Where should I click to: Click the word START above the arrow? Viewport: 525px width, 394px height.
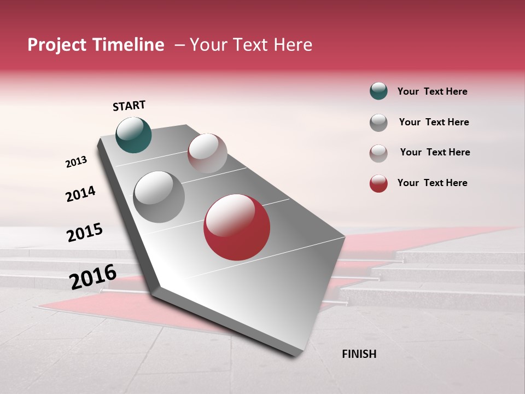129,106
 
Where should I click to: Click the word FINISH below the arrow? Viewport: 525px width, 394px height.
359,354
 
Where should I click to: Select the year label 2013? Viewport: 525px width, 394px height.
76,162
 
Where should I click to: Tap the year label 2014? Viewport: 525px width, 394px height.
80,194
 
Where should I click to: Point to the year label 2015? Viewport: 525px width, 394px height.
84,233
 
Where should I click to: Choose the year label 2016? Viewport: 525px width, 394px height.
92,277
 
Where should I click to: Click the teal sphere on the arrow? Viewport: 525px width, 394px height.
133,135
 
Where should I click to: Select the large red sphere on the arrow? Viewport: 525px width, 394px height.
237,227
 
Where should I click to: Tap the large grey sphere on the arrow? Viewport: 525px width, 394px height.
159,196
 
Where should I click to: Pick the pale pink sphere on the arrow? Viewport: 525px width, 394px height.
207,153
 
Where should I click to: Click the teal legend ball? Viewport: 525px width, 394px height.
378,91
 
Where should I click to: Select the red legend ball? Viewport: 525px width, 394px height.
378,183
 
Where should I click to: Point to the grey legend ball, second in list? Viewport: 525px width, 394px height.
378,123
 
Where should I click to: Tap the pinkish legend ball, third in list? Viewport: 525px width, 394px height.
378,153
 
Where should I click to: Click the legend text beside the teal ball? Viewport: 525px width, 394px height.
432,92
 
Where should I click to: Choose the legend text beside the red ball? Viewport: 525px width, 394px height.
432,183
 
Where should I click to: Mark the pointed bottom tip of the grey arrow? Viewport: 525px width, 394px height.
296,356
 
